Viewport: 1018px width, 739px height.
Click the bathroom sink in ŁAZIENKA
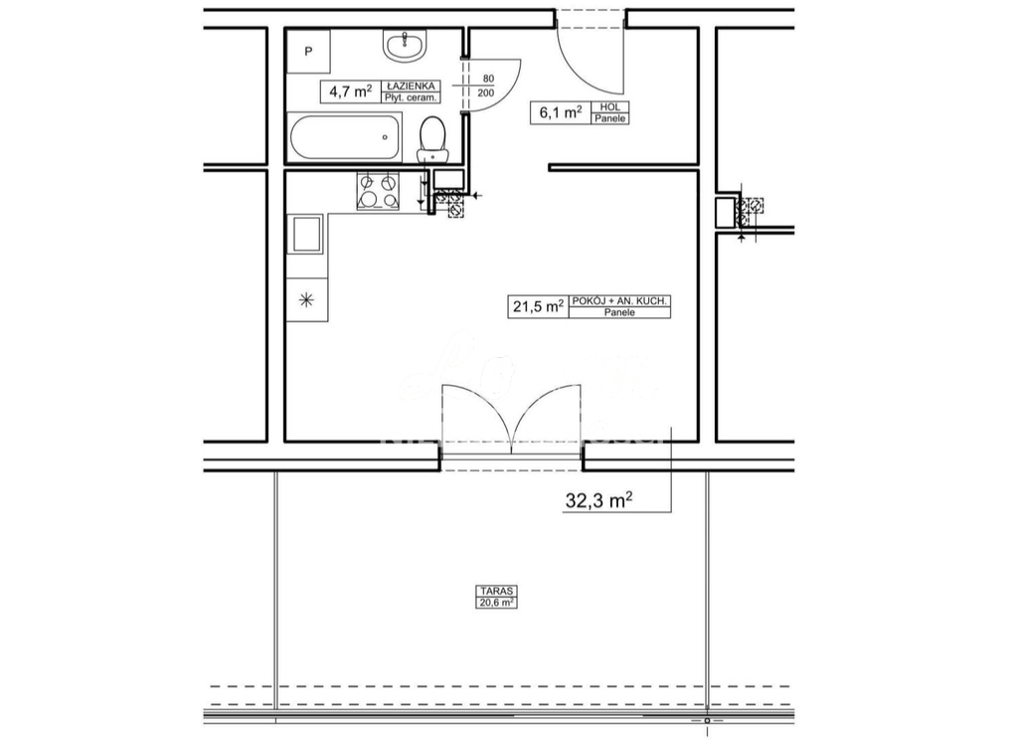click(405, 44)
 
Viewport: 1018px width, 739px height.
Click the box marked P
click(308, 51)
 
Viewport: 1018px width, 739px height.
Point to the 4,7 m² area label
click(351, 92)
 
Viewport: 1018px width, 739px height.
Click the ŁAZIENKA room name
click(410, 87)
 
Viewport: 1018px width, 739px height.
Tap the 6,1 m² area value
click(560, 112)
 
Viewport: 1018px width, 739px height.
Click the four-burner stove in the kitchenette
click(378, 190)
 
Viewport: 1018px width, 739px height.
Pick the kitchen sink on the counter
click(306, 235)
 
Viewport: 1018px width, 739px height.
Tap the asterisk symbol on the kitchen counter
click(306, 299)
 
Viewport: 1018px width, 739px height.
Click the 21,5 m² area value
click(538, 306)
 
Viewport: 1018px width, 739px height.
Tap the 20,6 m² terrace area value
click(496, 602)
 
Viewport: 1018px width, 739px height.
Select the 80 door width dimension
click(488, 79)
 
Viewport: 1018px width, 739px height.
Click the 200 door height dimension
click(487, 92)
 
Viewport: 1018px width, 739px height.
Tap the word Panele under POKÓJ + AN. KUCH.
click(619, 313)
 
